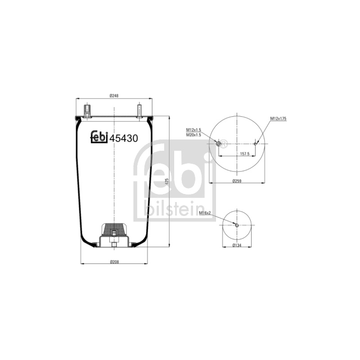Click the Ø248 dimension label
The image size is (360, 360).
tap(114, 95)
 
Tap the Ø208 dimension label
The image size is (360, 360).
tap(114, 261)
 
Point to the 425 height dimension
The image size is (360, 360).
tap(167, 181)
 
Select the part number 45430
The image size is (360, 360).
tap(124, 138)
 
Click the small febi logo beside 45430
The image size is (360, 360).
tap(99, 137)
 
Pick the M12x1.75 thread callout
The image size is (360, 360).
tap(278, 119)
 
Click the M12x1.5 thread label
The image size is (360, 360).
tap(193, 130)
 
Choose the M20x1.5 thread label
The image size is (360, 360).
tap(193, 135)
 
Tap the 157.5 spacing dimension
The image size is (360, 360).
tap(245, 154)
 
